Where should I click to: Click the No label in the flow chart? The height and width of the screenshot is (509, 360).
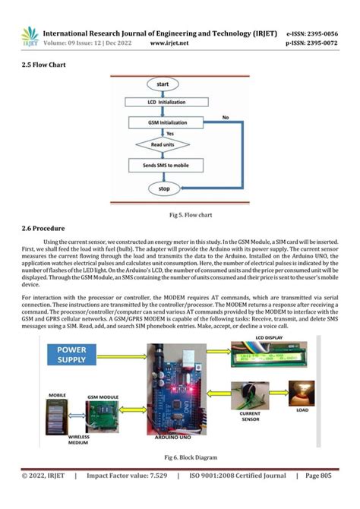226,118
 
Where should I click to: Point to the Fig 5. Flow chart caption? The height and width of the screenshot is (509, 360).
179,214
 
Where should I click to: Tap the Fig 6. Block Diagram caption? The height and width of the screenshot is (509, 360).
179,457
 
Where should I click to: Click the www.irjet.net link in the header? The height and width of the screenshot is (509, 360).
169,43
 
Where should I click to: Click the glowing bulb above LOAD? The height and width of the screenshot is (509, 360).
308,394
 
